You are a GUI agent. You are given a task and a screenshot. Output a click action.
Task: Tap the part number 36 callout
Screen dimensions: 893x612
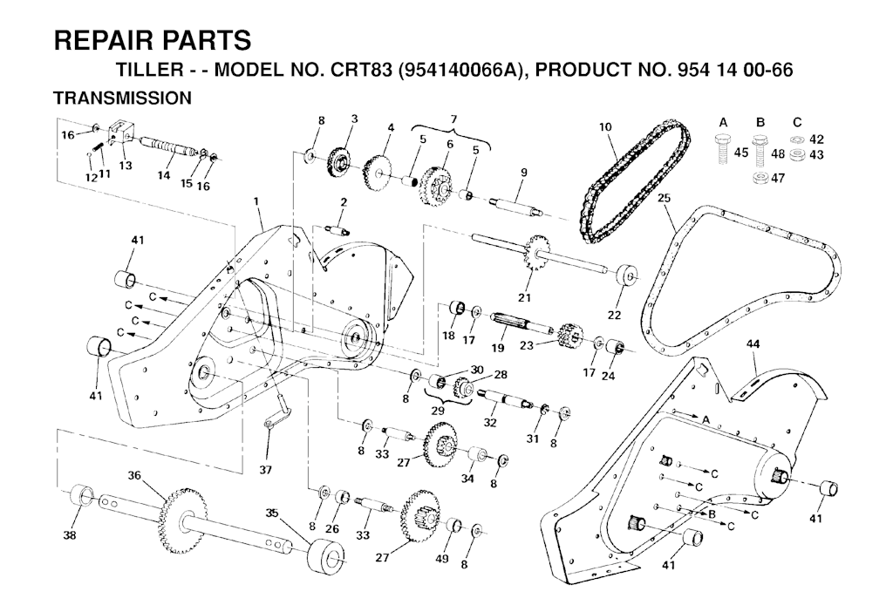(133, 474)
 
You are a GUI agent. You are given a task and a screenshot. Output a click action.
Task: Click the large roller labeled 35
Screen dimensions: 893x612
(326, 554)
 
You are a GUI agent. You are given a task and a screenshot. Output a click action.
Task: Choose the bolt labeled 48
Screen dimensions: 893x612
(760, 150)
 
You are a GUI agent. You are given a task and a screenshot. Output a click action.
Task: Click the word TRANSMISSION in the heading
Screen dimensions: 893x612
(122, 98)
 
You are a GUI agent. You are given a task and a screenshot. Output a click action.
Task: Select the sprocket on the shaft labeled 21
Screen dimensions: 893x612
(536, 253)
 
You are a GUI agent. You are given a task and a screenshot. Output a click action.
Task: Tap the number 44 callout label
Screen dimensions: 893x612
(753, 344)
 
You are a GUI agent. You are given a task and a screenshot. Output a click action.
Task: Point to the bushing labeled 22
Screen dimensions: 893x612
(626, 277)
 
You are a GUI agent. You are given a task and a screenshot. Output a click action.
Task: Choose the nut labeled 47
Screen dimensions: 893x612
(760, 178)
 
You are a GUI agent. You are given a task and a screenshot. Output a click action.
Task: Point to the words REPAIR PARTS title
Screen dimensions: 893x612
(153, 40)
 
